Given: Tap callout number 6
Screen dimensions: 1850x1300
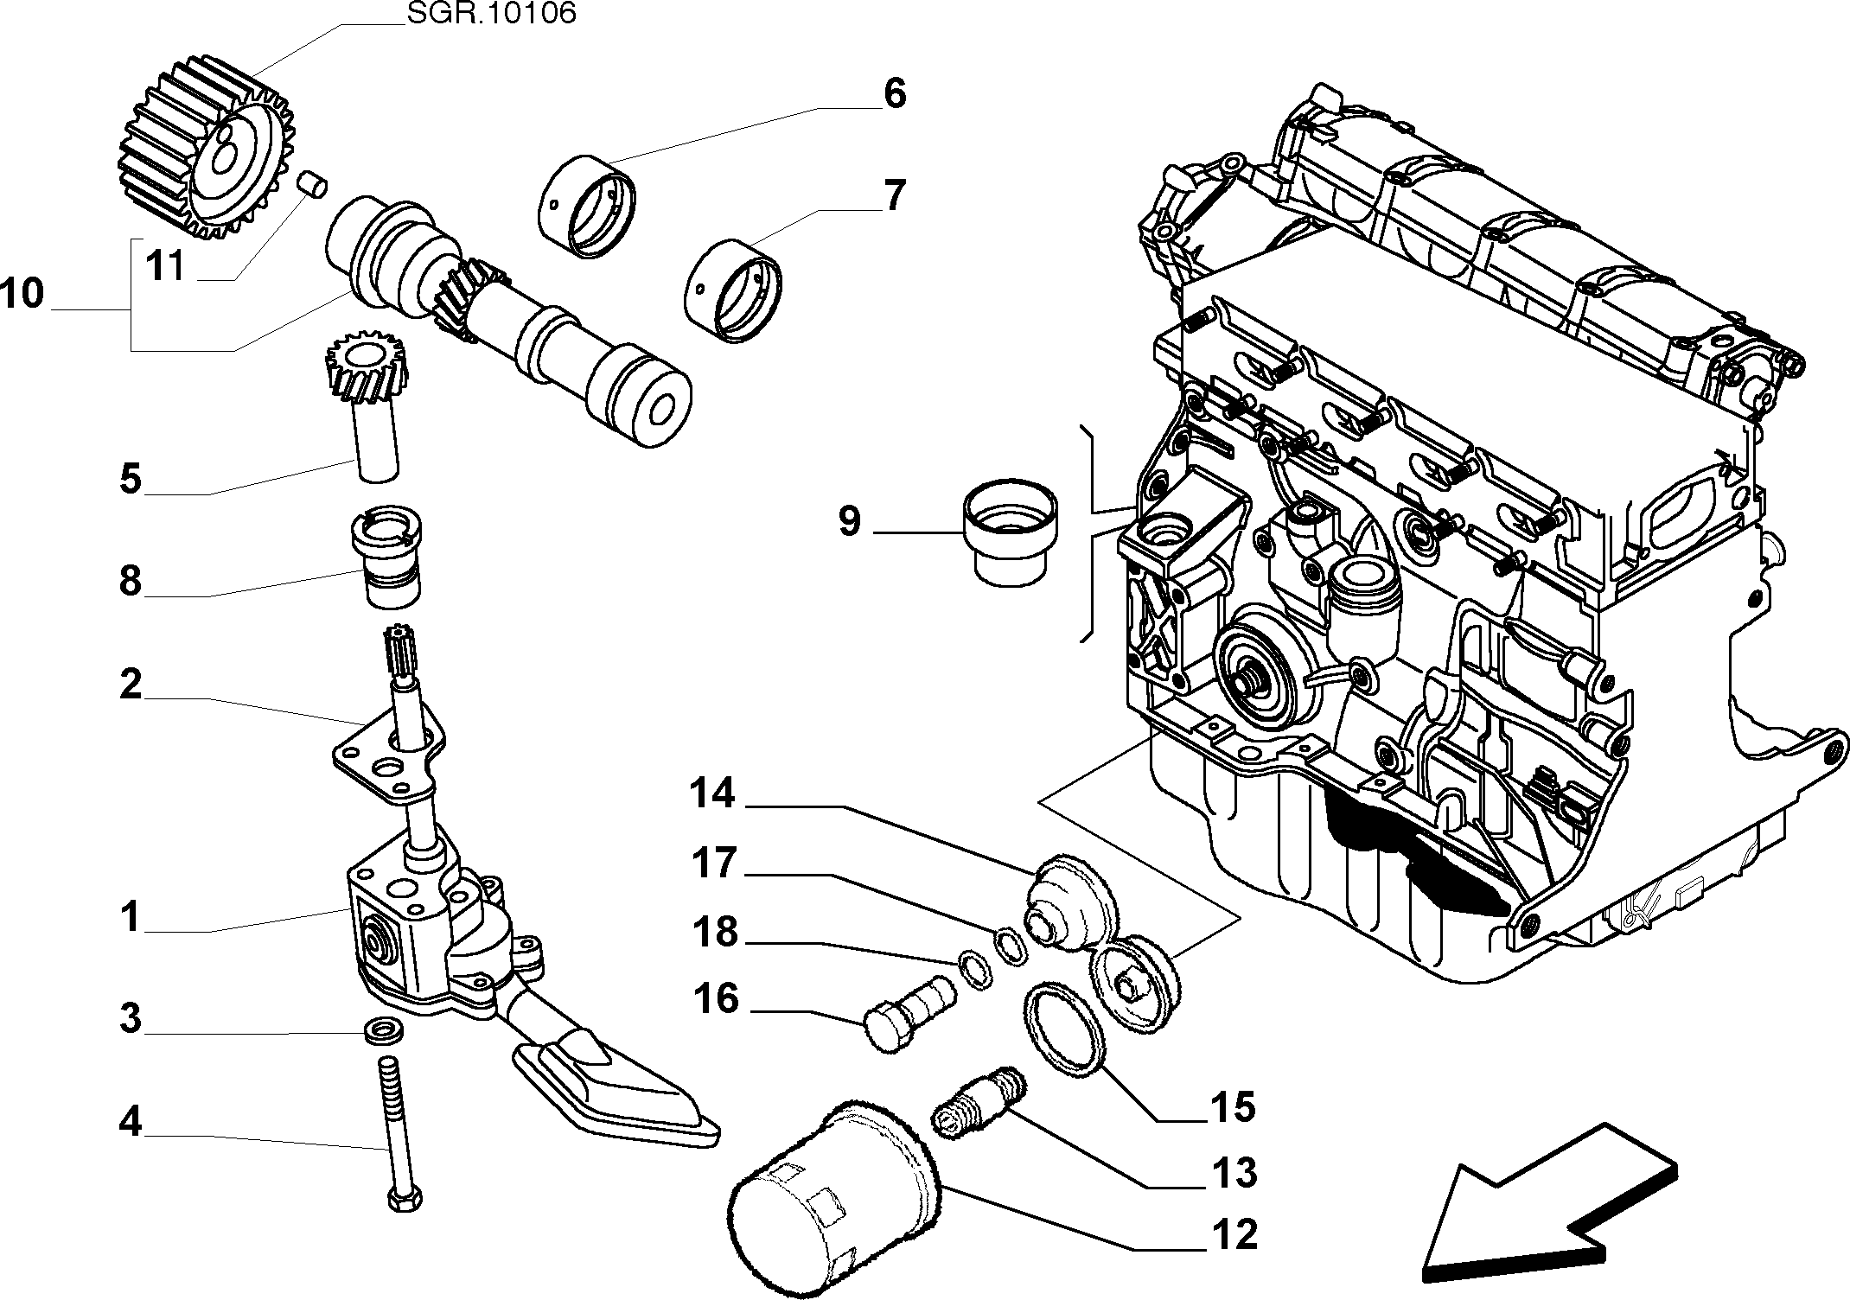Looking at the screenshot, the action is tap(894, 92).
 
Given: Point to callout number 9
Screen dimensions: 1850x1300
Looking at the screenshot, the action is tap(850, 520).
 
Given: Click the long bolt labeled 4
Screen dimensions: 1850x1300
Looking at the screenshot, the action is tap(399, 1133).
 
